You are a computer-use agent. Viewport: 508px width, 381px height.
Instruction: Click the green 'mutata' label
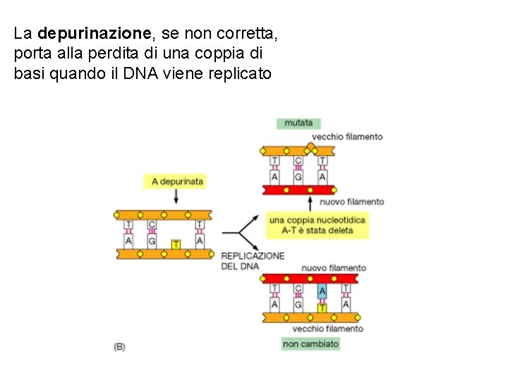pos(298,123)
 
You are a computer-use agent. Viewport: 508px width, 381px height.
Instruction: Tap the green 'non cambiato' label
pos(310,344)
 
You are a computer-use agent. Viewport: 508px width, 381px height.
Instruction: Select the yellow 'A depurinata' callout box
pos(177,181)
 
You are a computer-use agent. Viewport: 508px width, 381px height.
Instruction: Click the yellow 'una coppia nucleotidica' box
pos(317,225)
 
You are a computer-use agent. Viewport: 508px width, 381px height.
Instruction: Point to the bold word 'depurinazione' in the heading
pos(95,33)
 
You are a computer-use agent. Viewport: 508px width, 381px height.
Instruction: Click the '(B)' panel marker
pos(119,346)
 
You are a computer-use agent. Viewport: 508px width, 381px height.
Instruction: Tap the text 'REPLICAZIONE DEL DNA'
pos(253,260)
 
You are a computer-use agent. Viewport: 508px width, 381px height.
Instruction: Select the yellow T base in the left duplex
pos(176,244)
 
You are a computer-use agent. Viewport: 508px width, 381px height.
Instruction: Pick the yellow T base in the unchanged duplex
pos(322,308)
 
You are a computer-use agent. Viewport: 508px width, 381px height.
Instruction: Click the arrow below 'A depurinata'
pos(176,198)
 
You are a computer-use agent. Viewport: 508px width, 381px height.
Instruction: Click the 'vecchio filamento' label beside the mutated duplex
pos(347,137)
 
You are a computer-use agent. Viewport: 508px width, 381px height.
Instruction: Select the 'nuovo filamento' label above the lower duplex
pos(334,267)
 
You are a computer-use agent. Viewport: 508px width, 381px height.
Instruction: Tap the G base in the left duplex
pos(152,241)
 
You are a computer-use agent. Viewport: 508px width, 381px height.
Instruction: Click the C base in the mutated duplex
pos(298,162)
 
